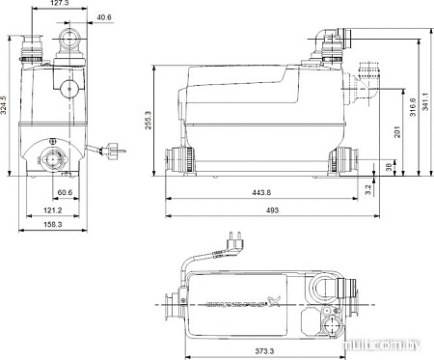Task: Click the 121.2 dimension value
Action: (x=52, y=209)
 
